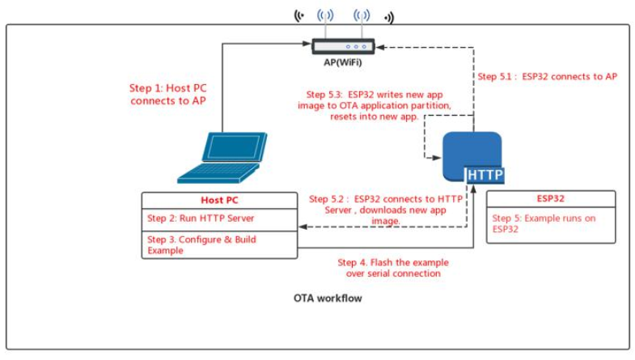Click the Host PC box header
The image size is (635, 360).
tap(219, 200)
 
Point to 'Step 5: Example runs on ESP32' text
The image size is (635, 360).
tap(534, 222)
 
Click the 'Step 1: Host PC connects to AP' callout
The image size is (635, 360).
tap(167, 95)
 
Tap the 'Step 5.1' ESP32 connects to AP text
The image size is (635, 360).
tap(548, 77)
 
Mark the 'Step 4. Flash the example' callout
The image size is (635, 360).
tap(393, 268)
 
